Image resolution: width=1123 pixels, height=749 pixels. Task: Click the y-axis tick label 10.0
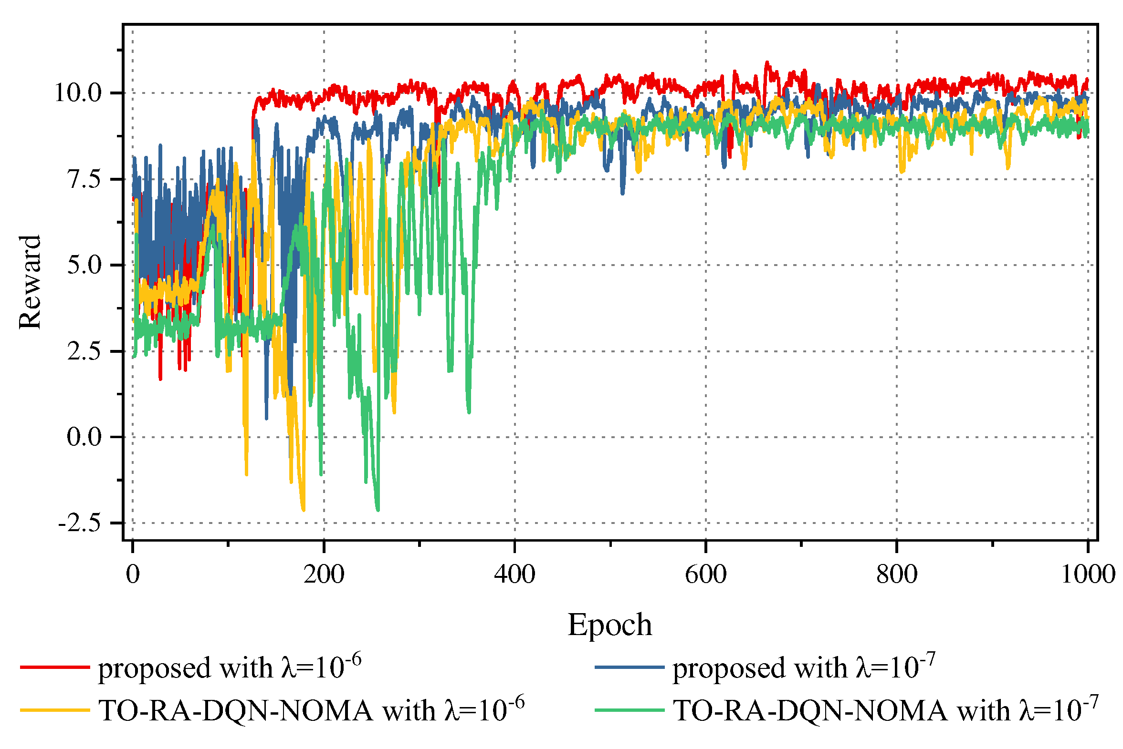click(x=78, y=92)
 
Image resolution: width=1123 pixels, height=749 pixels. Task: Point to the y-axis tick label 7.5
click(x=84, y=179)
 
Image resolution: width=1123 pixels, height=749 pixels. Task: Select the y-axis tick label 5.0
click(x=84, y=265)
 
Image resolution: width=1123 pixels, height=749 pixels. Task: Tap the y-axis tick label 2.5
click(x=84, y=351)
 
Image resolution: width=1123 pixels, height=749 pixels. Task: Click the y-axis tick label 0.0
click(x=84, y=437)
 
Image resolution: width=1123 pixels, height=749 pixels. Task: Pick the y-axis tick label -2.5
click(x=79, y=523)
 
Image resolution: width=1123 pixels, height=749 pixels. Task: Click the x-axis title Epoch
click(x=609, y=625)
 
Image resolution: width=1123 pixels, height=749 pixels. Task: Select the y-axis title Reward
click(x=30, y=282)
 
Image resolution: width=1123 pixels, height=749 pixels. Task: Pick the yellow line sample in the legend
click(x=54, y=710)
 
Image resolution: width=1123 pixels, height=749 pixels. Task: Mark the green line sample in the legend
click(x=629, y=710)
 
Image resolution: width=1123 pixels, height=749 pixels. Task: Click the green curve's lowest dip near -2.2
click(x=378, y=510)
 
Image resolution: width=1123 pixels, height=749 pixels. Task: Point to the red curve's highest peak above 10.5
click(x=767, y=62)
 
